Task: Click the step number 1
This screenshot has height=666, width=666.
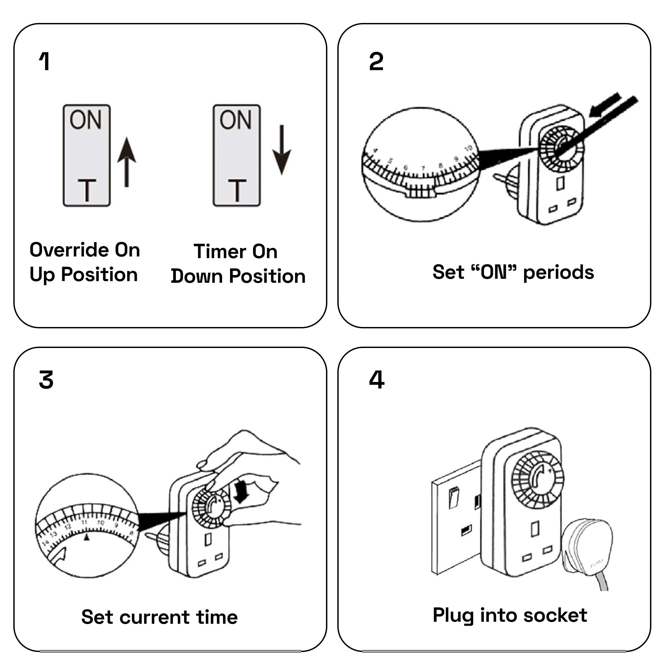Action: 45,62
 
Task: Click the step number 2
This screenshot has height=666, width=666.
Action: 376,62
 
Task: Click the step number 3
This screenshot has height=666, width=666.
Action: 46,380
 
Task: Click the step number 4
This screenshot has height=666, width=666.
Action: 376,380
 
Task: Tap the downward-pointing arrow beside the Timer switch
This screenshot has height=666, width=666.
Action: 282,150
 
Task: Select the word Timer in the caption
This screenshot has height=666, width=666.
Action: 221,251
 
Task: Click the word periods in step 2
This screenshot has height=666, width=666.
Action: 558,273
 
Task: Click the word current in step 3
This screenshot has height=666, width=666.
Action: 154,617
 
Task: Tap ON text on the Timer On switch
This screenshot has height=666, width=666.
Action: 236,120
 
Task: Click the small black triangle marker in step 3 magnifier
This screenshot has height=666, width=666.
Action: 87,537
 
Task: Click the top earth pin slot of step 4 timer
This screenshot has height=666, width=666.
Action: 535,529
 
